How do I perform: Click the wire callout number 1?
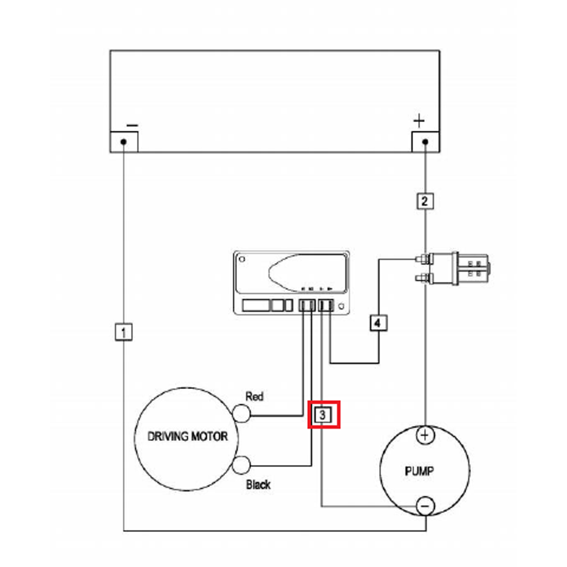(123, 332)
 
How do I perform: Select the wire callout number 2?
(425, 200)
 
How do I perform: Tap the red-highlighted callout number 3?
(324, 415)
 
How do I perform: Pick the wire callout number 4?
(378, 322)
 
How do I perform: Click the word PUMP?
(419, 470)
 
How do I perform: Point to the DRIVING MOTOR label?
(187, 436)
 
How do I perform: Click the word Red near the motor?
(255, 397)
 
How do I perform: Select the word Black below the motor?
(258, 485)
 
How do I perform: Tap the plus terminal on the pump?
(425, 435)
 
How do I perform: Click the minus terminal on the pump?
(425, 506)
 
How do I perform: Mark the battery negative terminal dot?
(124, 142)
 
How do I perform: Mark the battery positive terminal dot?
(425, 142)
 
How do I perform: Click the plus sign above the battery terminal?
(419, 122)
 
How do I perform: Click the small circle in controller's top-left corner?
(242, 259)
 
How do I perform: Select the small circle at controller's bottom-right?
(341, 306)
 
